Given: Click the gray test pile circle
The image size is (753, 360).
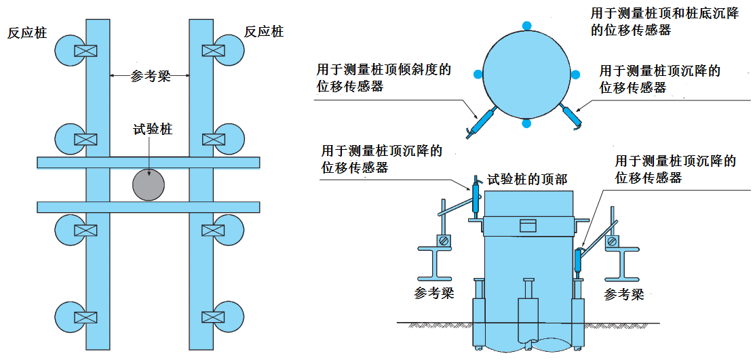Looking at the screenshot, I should point(149,183).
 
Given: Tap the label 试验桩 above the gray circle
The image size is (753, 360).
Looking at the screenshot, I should point(153,128).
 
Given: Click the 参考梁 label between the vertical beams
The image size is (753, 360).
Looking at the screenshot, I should point(150,76).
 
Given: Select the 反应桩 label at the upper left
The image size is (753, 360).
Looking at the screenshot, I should point(27,33).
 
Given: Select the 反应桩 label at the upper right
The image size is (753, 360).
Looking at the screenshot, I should point(264,32).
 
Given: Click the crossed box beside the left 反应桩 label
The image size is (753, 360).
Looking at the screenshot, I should point(85,51).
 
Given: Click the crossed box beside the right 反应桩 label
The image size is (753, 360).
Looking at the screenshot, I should point(213,51).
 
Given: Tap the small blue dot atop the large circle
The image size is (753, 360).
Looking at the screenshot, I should point(526,26).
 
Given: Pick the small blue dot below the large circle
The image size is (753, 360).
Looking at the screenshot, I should point(526,123).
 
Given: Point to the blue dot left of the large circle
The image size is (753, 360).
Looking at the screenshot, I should point(478,74).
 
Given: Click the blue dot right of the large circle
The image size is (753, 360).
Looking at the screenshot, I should point(575,74).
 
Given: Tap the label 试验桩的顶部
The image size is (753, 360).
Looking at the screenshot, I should point(528,180).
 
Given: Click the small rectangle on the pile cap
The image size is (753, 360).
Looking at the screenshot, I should point(527,226).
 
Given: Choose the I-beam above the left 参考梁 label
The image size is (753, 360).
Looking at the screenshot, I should point(435,262).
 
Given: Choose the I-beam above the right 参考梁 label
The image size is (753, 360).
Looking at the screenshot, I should point(622,262).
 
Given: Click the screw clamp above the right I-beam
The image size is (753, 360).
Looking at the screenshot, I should point(613,241).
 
